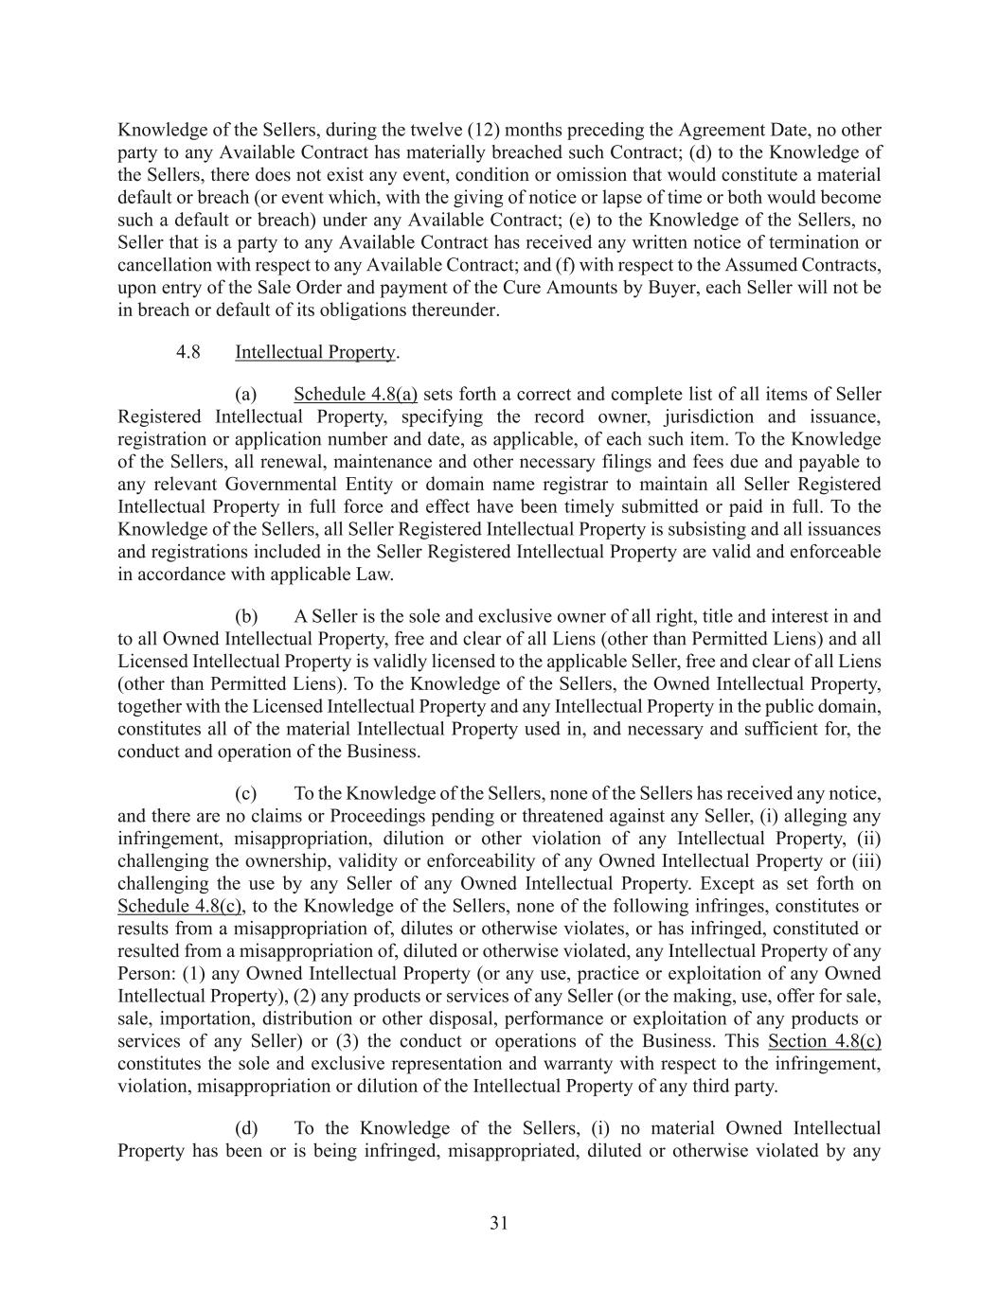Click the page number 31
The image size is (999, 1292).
coord(499,1223)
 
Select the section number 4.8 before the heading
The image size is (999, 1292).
coord(187,352)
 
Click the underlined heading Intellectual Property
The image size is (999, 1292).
coord(314,352)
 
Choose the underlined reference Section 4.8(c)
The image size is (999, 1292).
coord(824,1042)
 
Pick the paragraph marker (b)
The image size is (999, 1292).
coord(246,616)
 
